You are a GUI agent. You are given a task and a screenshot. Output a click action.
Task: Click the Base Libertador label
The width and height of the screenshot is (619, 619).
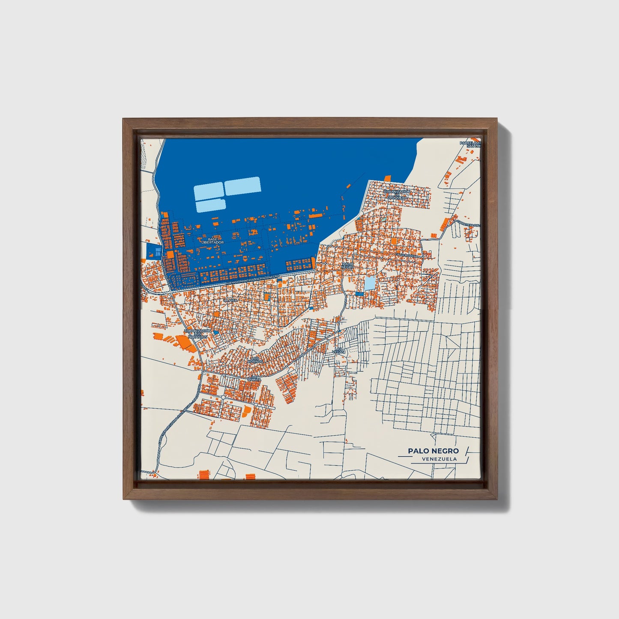click(x=213, y=241)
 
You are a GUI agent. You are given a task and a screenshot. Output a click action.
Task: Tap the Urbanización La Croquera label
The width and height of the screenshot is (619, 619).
click(x=397, y=194)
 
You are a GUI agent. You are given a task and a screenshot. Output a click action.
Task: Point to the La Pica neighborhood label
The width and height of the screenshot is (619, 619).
click(x=230, y=300)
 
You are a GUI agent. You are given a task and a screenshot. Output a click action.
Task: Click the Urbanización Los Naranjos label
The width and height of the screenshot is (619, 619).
click(x=197, y=334)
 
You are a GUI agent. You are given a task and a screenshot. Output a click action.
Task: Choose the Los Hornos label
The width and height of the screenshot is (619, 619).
click(x=255, y=360)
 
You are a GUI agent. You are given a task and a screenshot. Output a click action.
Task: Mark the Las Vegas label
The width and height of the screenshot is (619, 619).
click(x=339, y=350)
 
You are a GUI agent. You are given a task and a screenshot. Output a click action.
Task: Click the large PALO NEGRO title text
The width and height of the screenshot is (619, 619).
click(x=433, y=451)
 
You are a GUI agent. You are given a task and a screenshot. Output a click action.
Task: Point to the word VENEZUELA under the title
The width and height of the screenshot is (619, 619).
click(x=439, y=459)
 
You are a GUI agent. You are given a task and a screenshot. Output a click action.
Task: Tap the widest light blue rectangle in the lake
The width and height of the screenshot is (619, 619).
click(x=243, y=186)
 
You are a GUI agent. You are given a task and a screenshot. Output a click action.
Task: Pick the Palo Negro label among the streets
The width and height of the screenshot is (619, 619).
click(x=348, y=265)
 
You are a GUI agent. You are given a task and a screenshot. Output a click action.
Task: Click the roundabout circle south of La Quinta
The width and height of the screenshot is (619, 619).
click(x=223, y=398)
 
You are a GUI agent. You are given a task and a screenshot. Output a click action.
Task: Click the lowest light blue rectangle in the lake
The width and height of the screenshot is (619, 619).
click(x=211, y=205)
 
